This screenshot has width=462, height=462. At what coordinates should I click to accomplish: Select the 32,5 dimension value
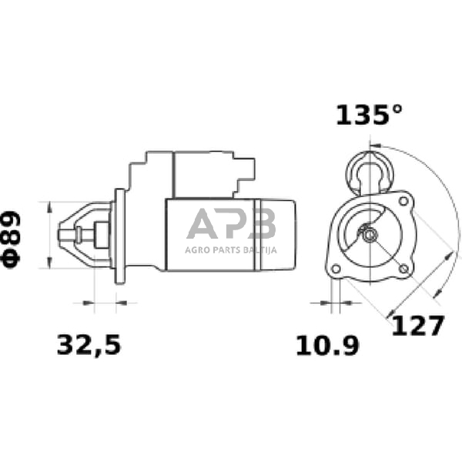pos(89,345)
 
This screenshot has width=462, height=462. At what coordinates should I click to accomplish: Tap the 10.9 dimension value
pos(328,346)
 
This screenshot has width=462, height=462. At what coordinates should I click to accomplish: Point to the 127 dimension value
pos(417,326)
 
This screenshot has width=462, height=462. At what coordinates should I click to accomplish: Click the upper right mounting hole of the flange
pos(403,202)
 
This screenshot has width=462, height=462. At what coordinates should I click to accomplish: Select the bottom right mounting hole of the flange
pos(403,268)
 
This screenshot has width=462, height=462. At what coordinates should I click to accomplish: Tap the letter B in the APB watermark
pos(263,226)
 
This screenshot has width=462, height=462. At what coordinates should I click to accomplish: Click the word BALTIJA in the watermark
pos(257,249)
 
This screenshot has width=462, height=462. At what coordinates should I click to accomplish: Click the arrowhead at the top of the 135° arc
pos(373,144)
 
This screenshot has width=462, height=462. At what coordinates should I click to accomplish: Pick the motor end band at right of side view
pos(277,234)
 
